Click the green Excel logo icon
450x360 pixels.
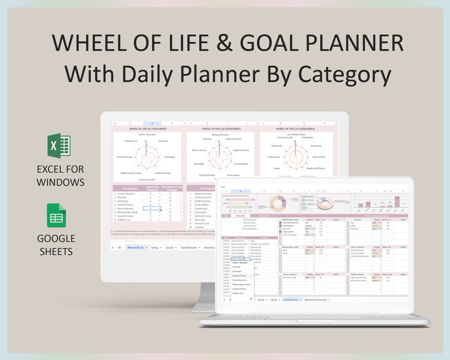pyautogui.click(x=59, y=146)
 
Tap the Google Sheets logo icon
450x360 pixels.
pyautogui.click(x=56, y=216)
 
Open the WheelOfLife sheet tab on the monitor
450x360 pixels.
pyautogui.click(x=136, y=247)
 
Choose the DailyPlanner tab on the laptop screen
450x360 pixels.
pyautogui.click(x=291, y=300)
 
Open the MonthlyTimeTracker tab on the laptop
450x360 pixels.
pyautogui.click(x=316, y=300)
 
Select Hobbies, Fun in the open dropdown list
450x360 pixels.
pyautogui.click(x=238, y=293)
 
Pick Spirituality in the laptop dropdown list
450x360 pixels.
pyautogui.click(x=237, y=272)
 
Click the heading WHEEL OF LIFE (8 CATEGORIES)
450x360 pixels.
pyautogui.click(x=148, y=129)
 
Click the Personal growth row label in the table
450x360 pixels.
pyautogui.click(x=126, y=208)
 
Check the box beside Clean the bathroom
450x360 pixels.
pyautogui.click(x=280, y=223)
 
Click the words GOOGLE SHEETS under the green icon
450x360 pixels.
pyautogui.click(x=56, y=245)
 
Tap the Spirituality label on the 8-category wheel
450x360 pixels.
pyautogui.click(x=170, y=157)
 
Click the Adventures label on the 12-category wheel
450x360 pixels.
pyautogui.click(x=316, y=146)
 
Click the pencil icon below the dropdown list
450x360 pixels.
pyautogui.click(x=251, y=299)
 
